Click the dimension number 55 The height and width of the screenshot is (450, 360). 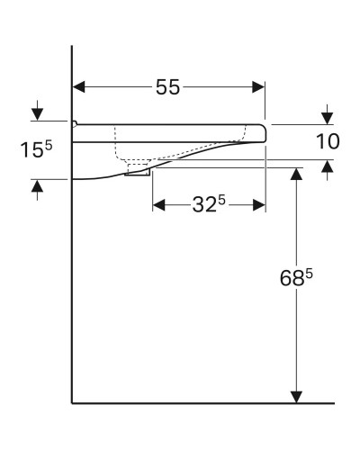pyautogui.click(x=167, y=87)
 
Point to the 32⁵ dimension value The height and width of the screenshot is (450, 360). pyautogui.click(x=209, y=204)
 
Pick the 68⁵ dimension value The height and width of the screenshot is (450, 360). pyautogui.click(x=294, y=279)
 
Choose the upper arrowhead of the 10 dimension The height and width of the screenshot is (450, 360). pyautogui.click(x=327, y=117)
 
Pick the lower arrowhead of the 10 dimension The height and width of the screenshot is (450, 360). pyautogui.click(x=327, y=166)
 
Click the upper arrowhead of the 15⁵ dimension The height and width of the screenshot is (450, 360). pyautogui.click(x=37, y=114)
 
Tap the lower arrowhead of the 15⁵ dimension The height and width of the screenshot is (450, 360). pyautogui.click(x=37, y=186)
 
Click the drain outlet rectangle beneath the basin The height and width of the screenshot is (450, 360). pyautogui.click(x=137, y=170)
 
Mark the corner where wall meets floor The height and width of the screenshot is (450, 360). pyautogui.click(x=72, y=402)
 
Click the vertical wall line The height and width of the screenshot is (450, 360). pyautogui.click(x=72, y=288)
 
